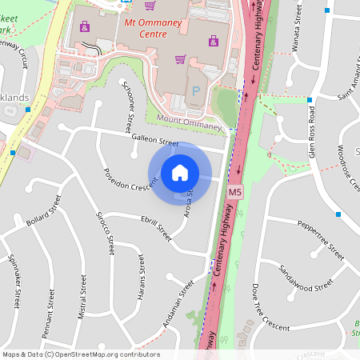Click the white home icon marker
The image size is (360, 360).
click(180, 173)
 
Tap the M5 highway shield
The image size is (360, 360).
click(235, 194)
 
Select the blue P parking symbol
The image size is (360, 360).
click(195, 93)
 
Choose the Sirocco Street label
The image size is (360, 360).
click(105, 233)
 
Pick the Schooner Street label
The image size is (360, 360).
click(129, 108)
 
